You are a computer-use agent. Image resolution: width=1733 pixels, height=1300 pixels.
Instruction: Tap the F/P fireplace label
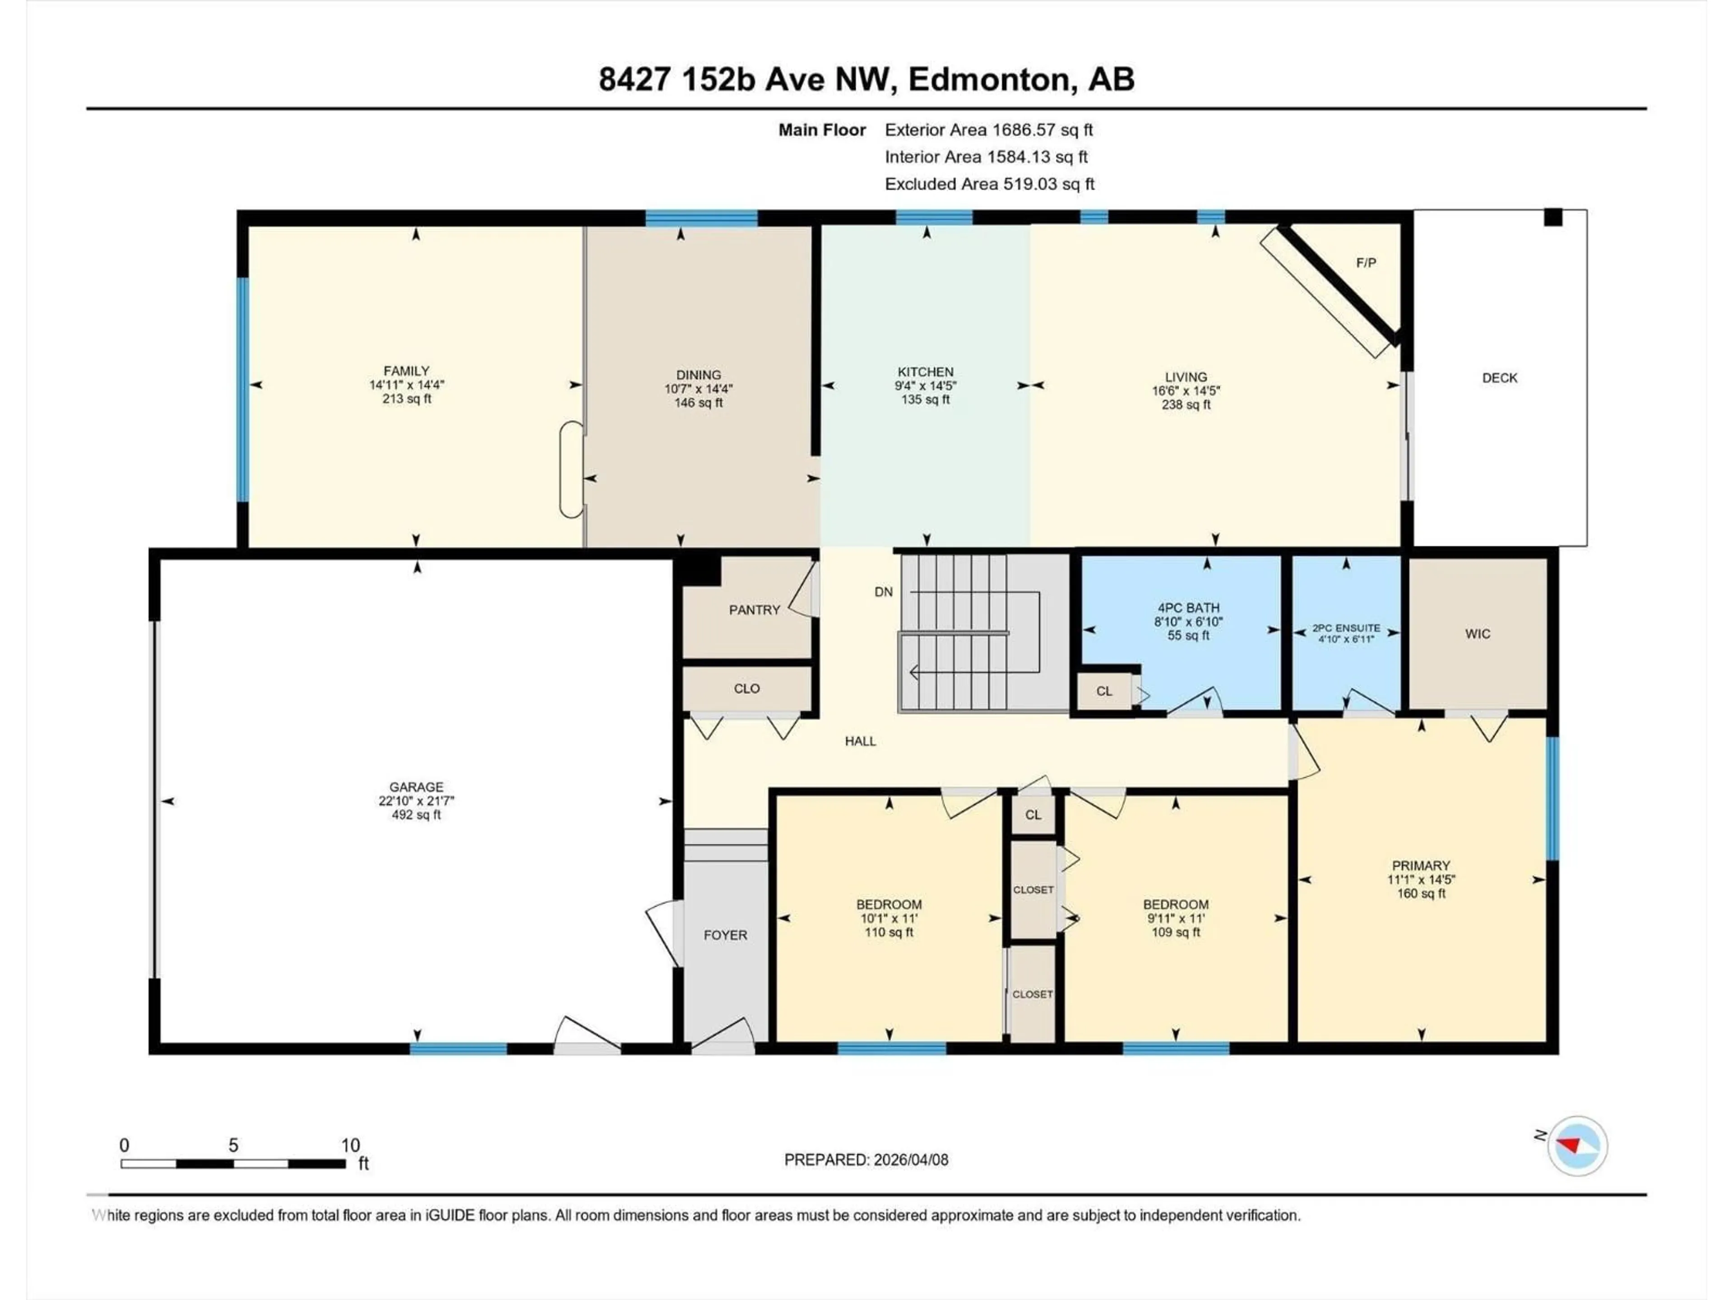pos(1366,263)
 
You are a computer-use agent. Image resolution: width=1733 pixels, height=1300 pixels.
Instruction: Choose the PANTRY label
pos(754,610)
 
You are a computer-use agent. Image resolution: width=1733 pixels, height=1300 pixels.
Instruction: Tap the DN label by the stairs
pos(883,592)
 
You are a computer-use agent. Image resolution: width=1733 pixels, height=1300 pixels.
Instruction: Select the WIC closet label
pos(1478,634)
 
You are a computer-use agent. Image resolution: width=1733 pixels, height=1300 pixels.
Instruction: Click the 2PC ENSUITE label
pos(1346,628)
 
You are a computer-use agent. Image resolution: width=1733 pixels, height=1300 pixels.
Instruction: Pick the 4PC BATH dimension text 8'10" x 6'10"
pos(1188,622)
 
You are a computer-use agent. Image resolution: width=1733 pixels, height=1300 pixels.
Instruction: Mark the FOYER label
pos(725,935)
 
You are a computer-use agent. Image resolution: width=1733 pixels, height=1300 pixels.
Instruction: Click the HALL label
pos(860,741)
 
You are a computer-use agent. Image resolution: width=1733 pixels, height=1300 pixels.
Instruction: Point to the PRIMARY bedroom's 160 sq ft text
pos(1420,893)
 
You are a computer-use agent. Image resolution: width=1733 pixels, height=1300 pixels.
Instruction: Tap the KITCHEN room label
pos(925,372)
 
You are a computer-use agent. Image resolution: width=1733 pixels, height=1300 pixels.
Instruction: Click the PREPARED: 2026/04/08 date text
pos(866,1160)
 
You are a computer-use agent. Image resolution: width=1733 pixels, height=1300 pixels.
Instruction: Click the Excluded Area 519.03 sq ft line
pos(989,184)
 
